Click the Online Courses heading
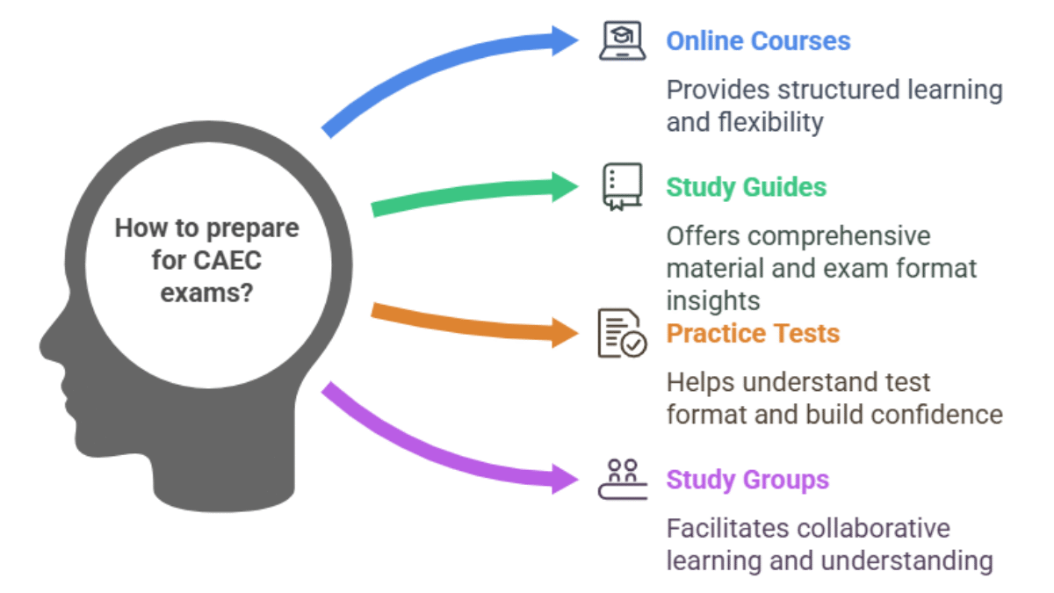(758, 41)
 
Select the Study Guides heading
(747, 187)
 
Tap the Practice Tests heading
(753, 333)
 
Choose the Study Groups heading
(747, 480)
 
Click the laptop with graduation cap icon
(622, 41)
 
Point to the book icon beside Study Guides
(622, 187)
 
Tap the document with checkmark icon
(622, 333)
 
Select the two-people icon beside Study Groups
(623, 479)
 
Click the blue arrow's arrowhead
(565, 41)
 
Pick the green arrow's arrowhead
(565, 187)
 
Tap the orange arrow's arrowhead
(565, 333)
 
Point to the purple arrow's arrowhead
(565, 479)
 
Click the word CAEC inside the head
(227, 261)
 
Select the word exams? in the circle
(207, 293)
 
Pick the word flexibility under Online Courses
(771, 123)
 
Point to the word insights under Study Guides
(713, 301)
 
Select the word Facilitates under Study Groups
(728, 529)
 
